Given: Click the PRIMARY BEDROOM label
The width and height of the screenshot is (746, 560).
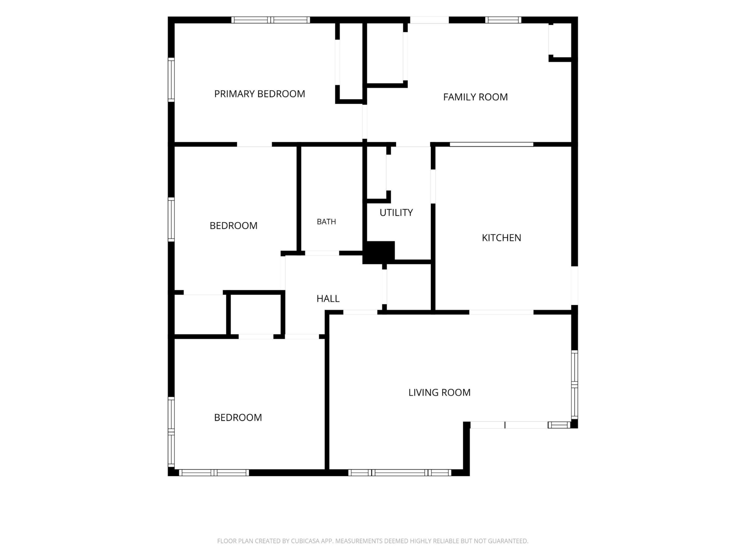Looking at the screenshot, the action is (x=259, y=94).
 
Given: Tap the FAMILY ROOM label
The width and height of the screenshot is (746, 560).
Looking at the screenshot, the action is (x=475, y=97).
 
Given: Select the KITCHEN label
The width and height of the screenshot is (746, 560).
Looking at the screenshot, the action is (x=501, y=238).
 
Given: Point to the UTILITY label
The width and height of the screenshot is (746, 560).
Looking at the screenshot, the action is (x=396, y=213).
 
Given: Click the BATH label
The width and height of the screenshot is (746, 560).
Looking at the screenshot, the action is (x=326, y=222).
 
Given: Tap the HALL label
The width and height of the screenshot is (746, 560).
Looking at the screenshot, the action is (x=328, y=299).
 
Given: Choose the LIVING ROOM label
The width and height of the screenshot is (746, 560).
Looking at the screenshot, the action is (x=439, y=393).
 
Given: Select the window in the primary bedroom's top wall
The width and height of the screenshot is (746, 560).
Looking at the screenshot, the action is (x=270, y=20).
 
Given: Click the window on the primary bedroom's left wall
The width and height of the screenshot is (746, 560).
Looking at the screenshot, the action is (x=171, y=80).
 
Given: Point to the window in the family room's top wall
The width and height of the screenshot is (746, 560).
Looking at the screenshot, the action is (x=503, y=20).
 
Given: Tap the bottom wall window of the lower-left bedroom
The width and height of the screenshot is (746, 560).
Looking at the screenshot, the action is (x=214, y=473).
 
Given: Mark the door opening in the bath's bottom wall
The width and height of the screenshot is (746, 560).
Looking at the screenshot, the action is (x=322, y=253).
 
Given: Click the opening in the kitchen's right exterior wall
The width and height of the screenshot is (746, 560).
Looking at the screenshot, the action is (x=574, y=286).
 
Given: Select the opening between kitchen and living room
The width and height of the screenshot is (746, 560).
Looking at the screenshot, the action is (x=501, y=312).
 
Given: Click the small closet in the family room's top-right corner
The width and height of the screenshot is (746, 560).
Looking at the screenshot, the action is (x=560, y=41).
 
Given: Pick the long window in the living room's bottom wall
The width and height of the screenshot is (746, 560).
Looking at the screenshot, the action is (x=400, y=473).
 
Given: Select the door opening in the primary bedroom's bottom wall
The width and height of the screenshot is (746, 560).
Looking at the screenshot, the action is (x=254, y=144).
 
